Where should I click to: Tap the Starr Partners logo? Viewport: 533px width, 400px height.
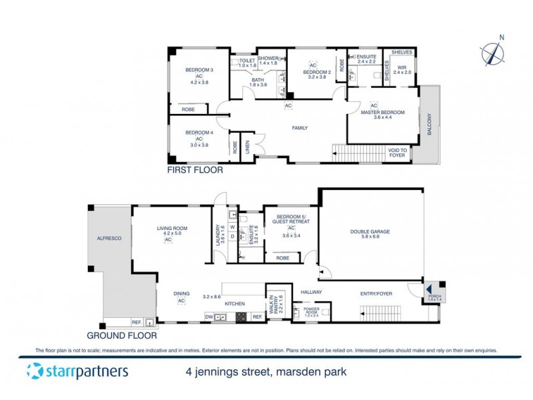(77, 371)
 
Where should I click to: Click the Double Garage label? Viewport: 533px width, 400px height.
(370, 232)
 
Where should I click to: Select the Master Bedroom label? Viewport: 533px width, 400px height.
(382, 113)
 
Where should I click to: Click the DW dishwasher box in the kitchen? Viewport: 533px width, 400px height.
(209, 317)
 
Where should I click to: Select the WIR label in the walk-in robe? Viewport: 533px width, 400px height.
(402, 67)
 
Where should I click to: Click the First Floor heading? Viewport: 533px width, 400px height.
(195, 170)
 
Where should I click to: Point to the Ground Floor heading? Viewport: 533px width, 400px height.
(118, 335)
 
